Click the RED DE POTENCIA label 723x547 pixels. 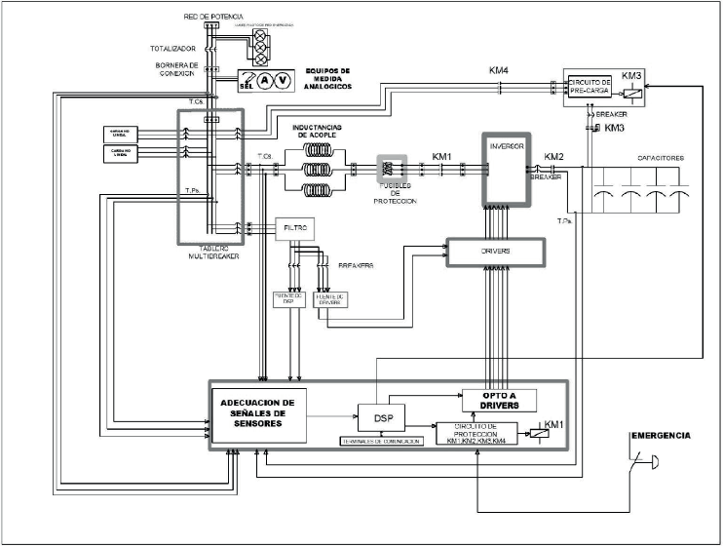click(x=208, y=18)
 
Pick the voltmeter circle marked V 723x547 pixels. click(x=283, y=80)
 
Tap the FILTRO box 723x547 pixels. click(x=295, y=228)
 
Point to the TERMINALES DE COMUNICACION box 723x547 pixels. click(x=381, y=442)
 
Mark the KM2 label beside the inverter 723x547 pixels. click(x=553, y=156)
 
